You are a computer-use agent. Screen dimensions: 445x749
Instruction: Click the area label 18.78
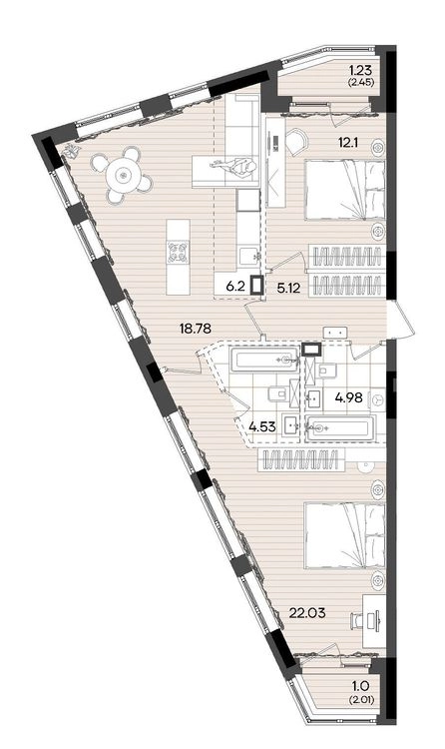(195, 329)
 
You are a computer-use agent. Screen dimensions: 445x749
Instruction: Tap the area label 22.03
(307, 612)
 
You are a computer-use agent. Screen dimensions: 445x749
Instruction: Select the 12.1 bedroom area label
(348, 142)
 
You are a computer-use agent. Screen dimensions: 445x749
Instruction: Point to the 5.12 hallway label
(289, 287)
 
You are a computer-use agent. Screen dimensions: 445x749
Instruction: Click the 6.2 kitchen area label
(235, 287)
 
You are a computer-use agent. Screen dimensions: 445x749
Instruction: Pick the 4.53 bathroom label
(262, 426)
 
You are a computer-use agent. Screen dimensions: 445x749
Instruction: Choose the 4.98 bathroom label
(349, 396)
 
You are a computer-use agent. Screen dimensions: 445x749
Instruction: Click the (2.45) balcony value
(360, 82)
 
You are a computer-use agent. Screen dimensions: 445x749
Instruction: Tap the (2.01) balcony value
(360, 700)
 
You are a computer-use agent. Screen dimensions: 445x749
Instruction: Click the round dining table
(124, 176)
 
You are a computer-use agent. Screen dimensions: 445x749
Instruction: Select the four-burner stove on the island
(178, 252)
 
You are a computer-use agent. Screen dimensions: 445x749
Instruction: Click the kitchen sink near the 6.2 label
(248, 257)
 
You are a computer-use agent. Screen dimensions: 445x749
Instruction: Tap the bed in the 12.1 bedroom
(345, 190)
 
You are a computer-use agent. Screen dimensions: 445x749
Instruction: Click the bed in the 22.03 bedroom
(345, 534)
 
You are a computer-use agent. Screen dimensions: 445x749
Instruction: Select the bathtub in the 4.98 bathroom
(341, 427)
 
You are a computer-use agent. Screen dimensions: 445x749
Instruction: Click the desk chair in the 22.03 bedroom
(359, 620)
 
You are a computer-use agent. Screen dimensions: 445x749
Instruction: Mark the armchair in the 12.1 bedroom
(297, 140)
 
